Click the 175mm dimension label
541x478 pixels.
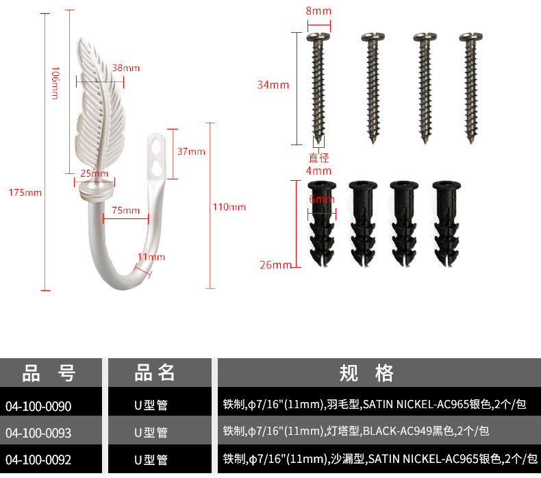tap(25, 192)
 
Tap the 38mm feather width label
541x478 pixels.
tap(126, 68)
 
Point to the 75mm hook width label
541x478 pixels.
tap(125, 210)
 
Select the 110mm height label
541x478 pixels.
tap(229, 207)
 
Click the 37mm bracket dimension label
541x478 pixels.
tap(191, 151)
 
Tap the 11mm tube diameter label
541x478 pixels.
tap(151, 257)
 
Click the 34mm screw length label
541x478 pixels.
tap(273, 84)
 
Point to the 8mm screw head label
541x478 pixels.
tap(318, 11)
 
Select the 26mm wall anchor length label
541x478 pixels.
tap(276, 265)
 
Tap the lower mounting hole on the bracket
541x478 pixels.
tap(155, 166)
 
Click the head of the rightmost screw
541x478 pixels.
tap(470, 37)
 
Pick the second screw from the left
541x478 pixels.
tap(373, 88)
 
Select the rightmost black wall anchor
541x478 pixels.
tap(446, 224)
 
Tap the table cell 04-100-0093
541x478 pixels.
tap(38, 433)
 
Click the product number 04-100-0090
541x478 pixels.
tap(38, 406)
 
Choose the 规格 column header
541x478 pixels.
tap(366, 373)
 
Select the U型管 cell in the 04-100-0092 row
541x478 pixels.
tap(151, 460)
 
